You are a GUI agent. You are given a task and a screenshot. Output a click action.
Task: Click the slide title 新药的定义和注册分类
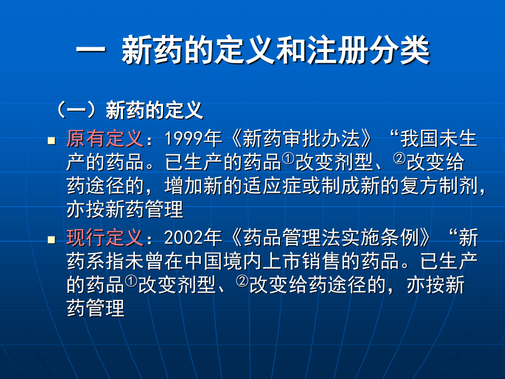pos(252,53)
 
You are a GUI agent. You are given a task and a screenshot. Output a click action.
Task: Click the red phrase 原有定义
pos(104,139)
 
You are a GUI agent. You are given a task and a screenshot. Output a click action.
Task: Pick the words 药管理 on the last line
pos(96,308)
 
